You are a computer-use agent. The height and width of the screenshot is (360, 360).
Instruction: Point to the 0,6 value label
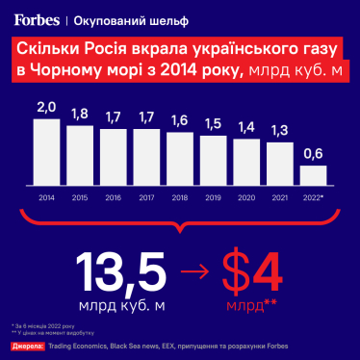[x=314, y=154]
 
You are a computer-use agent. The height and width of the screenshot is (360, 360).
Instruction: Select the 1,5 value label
[x=214, y=123]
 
